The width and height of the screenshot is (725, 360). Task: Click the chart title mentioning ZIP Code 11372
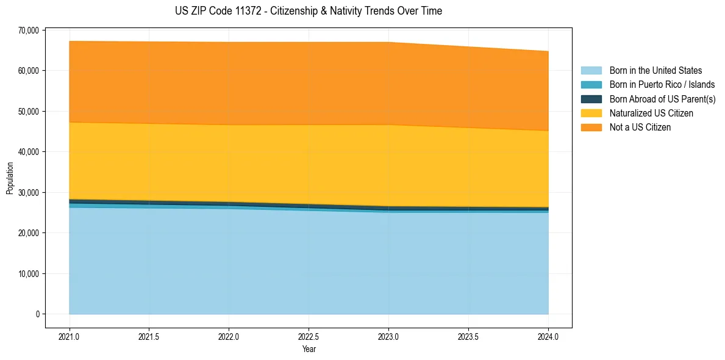[x=308, y=11]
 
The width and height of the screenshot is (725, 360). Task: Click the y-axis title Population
[x=10, y=178]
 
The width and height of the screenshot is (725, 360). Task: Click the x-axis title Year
[x=309, y=349]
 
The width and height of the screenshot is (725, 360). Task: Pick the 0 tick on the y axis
[x=37, y=314]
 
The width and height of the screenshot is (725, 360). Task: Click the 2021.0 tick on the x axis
[x=69, y=336]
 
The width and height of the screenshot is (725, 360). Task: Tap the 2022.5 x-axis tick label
[x=309, y=336]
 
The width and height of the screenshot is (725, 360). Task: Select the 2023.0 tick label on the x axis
[x=388, y=336]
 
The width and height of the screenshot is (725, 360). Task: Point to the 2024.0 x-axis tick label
[x=548, y=336]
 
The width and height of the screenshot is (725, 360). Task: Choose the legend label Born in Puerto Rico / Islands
[x=662, y=85]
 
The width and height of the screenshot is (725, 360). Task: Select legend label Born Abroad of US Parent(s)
[x=662, y=99]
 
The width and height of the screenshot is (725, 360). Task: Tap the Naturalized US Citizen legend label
[x=651, y=113]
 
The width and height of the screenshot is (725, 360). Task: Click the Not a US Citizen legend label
[x=640, y=127]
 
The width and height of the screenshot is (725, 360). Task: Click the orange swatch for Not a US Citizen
[x=591, y=127]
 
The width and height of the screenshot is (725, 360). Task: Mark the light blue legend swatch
[x=591, y=71]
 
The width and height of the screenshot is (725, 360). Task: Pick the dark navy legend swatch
[x=591, y=99]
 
